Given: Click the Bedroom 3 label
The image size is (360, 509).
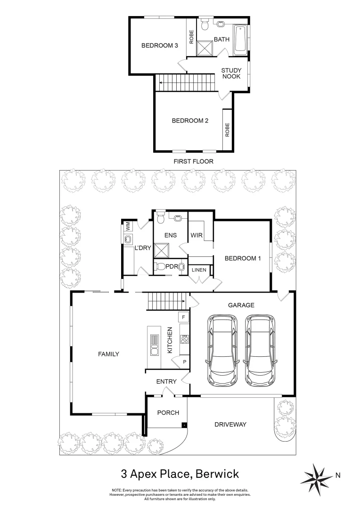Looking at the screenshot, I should coord(160,46).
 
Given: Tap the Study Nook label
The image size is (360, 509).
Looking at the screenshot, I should coord(231,74).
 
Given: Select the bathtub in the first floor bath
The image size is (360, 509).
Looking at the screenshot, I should coord(240,40).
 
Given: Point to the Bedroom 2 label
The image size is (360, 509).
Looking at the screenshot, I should coord(190,121).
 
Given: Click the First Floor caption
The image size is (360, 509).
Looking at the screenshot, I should coord(193,161).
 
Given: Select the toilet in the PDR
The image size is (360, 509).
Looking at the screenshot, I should coord(161,266).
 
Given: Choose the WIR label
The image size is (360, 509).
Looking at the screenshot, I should coord(196,235).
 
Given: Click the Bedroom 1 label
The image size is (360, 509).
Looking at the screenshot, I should coord(242,258).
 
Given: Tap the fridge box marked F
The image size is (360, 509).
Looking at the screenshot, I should coord(183,317).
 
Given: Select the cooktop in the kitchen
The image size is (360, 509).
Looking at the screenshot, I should coord(184,338).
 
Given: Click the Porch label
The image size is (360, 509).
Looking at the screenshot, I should coord(168,413).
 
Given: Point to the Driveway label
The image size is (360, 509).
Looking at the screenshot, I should coord(230,425).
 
